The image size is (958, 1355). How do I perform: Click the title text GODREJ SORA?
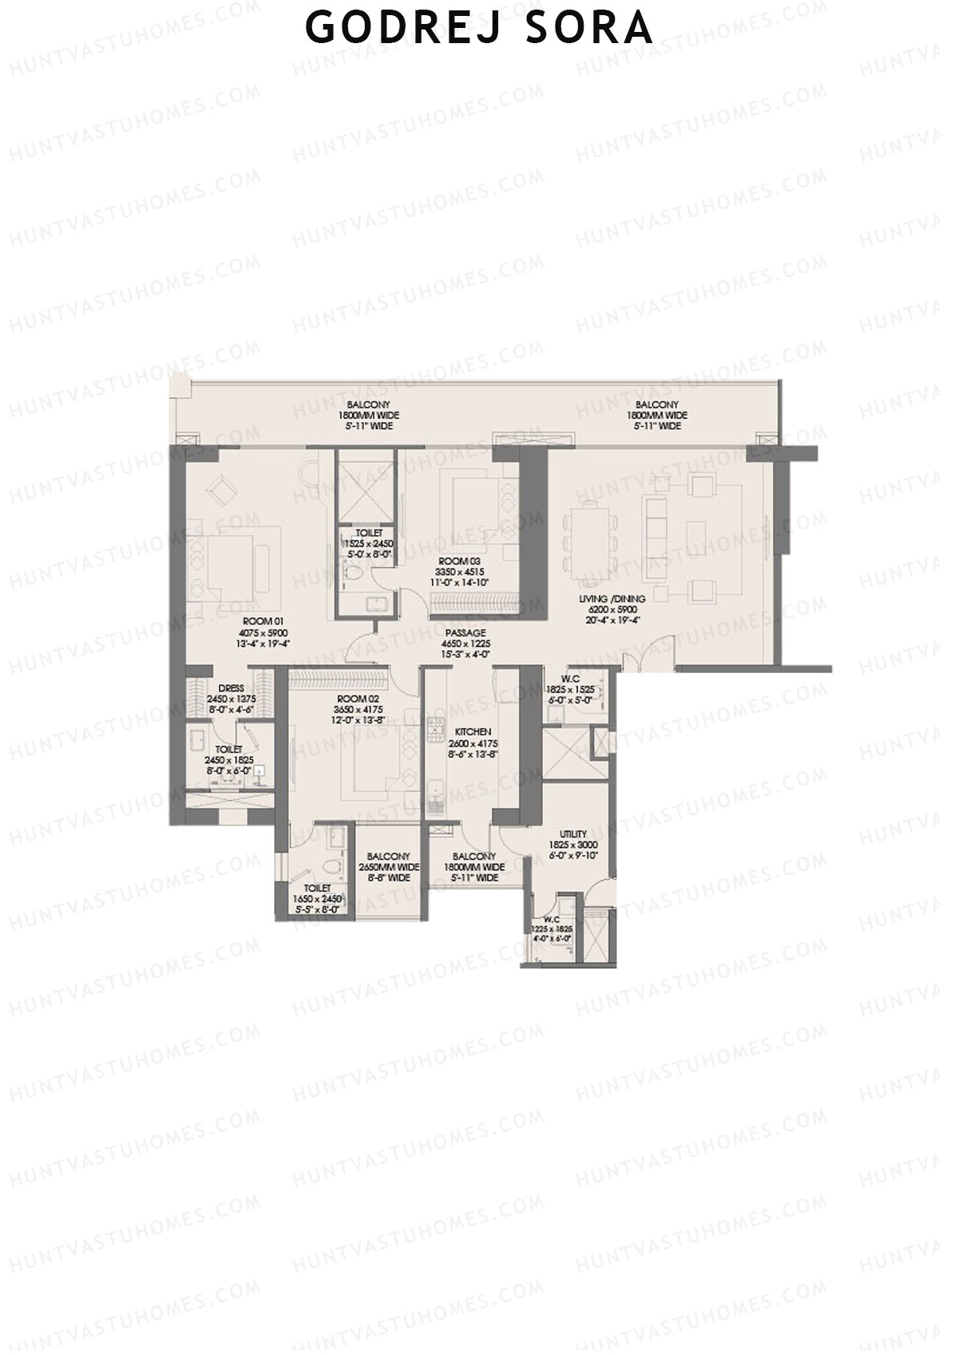(479, 29)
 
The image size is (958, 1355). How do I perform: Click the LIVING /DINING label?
(613, 598)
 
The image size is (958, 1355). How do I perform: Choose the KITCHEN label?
(473, 731)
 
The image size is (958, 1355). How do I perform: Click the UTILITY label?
(572, 834)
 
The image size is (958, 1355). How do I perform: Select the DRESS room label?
(231, 688)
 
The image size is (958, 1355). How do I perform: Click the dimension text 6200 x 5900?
(613, 609)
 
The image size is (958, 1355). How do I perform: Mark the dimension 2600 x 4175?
(473, 743)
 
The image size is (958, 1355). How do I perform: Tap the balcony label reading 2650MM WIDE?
(389, 867)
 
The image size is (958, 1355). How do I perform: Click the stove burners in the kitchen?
(437, 728)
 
